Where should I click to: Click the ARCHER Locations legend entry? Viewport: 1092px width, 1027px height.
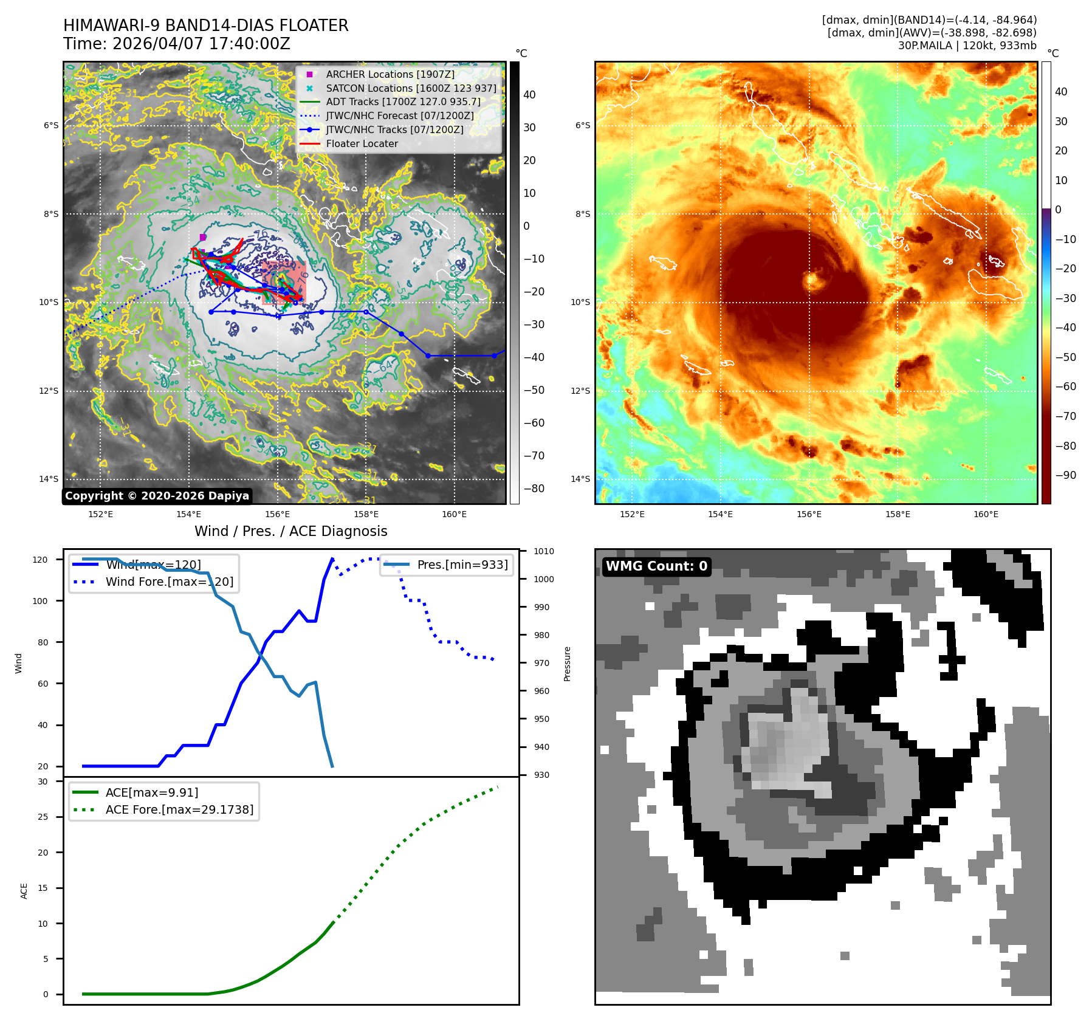[390, 74]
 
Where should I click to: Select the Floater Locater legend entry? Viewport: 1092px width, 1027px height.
[362, 143]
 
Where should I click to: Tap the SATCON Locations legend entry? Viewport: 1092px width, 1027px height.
[411, 88]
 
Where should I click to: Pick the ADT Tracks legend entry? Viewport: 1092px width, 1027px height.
[403, 101]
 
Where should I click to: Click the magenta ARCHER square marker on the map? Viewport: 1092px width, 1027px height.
[202, 237]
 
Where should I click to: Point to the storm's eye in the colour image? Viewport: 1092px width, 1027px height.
[812, 280]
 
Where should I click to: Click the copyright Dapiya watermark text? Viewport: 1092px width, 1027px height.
[157, 496]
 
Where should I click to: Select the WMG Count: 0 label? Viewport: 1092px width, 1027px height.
[656, 566]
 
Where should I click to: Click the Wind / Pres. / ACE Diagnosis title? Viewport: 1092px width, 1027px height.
[290, 531]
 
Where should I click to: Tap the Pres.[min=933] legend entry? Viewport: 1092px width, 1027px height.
[462, 565]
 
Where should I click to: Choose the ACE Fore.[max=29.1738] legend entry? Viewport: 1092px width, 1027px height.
[179, 809]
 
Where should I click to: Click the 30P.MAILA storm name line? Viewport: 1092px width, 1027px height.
[967, 46]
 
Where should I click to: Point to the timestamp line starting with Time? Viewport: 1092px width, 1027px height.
[176, 44]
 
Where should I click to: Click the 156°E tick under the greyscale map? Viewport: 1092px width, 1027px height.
[277, 514]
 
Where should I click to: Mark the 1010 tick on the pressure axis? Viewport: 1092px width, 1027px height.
[543, 551]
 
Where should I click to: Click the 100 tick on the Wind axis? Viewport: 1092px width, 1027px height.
[39, 601]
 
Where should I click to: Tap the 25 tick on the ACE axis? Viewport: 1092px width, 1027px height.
[43, 817]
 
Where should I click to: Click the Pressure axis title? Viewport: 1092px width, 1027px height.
[567, 664]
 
